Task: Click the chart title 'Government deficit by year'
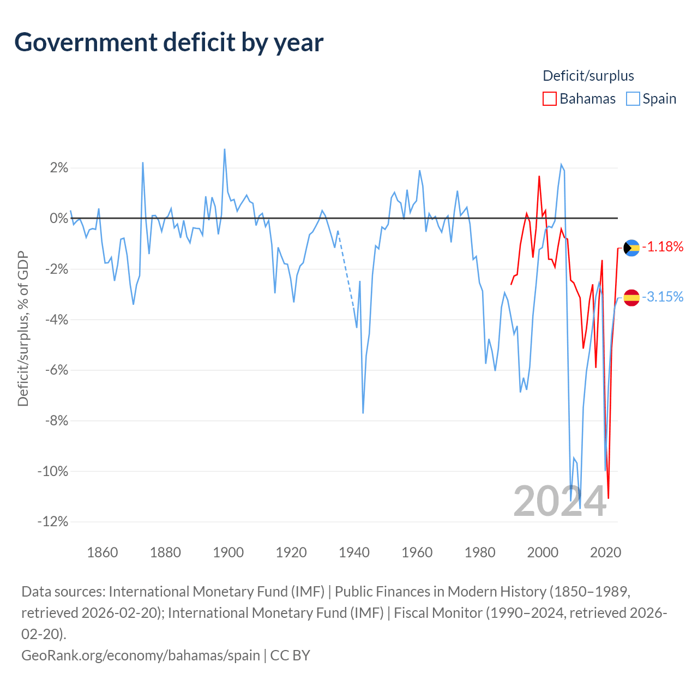click(169, 43)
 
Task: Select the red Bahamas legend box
click(549, 99)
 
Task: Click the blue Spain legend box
click(633, 99)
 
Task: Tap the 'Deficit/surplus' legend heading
click(588, 76)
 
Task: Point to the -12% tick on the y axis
click(53, 522)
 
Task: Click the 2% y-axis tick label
click(59, 168)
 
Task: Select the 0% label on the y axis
click(59, 218)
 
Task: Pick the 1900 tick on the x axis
click(228, 552)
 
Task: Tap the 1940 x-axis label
click(354, 552)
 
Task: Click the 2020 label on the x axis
click(605, 552)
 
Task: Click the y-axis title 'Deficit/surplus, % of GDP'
click(23, 328)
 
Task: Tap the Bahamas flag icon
click(631, 248)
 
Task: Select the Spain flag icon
click(631, 298)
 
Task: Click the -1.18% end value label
click(663, 246)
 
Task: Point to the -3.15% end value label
click(663, 297)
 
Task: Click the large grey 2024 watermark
click(559, 501)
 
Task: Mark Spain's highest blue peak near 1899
click(225, 149)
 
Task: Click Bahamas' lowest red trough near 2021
click(609, 498)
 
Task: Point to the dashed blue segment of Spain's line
click(346, 270)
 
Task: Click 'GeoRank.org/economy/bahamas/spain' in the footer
click(141, 655)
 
